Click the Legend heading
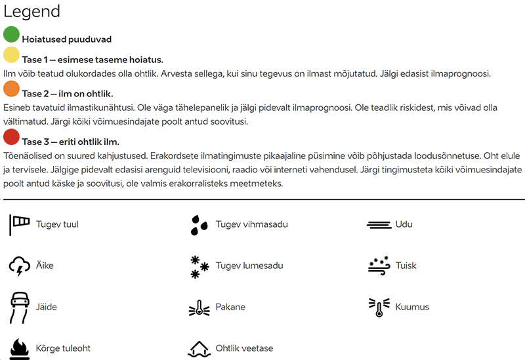tap(32, 11)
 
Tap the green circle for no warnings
tap(11, 35)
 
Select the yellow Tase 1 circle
tap(11, 55)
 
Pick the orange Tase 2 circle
tap(11, 89)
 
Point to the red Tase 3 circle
tap(11, 137)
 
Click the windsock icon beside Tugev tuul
tap(20, 224)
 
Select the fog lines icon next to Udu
tap(379, 224)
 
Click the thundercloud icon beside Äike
tap(20, 266)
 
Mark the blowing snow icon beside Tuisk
tap(379, 266)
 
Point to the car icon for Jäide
tap(20, 307)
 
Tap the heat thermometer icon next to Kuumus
tap(379, 307)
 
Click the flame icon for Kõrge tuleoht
tap(20, 348)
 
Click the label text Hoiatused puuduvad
tap(66, 39)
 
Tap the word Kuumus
tap(412, 307)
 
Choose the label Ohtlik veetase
tap(244, 348)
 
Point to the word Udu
tap(404, 224)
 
